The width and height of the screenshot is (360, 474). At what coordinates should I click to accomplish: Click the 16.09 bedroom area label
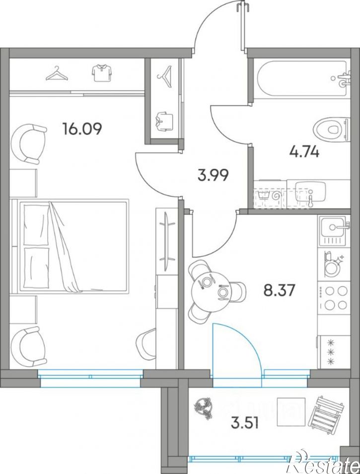point(81,129)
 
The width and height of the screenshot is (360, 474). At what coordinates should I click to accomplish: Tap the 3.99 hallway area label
point(213,175)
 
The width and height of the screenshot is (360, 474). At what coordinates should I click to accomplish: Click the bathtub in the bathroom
point(302,79)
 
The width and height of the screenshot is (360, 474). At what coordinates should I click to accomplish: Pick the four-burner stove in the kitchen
point(333,297)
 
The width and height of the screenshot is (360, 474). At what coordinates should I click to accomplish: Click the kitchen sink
point(334,230)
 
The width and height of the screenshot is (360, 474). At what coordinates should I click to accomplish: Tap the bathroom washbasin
point(305,193)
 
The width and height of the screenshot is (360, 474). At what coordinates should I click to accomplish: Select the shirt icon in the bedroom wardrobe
point(102,72)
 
